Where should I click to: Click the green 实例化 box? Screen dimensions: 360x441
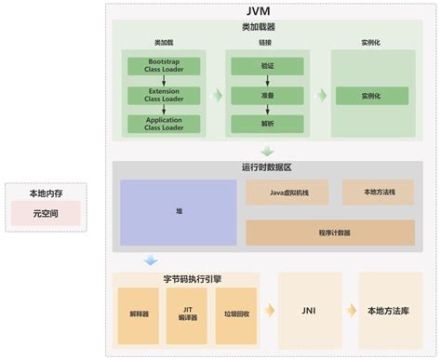pyautogui.click(x=371, y=96)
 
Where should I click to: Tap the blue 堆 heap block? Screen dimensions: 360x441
pyautogui.click(x=179, y=212)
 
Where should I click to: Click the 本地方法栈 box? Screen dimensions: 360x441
pyautogui.click(x=378, y=193)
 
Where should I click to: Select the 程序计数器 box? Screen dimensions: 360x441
pyautogui.click(x=330, y=233)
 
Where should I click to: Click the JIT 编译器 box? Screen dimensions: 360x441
pyautogui.click(x=186, y=313)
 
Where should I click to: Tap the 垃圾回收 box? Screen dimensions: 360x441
pyautogui.click(x=235, y=313)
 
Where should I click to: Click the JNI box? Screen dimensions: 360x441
pyautogui.click(x=311, y=312)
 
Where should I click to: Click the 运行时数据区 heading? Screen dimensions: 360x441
pyautogui.click(x=266, y=167)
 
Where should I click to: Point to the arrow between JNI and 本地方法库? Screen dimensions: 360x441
pyautogui.click(x=351, y=312)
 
